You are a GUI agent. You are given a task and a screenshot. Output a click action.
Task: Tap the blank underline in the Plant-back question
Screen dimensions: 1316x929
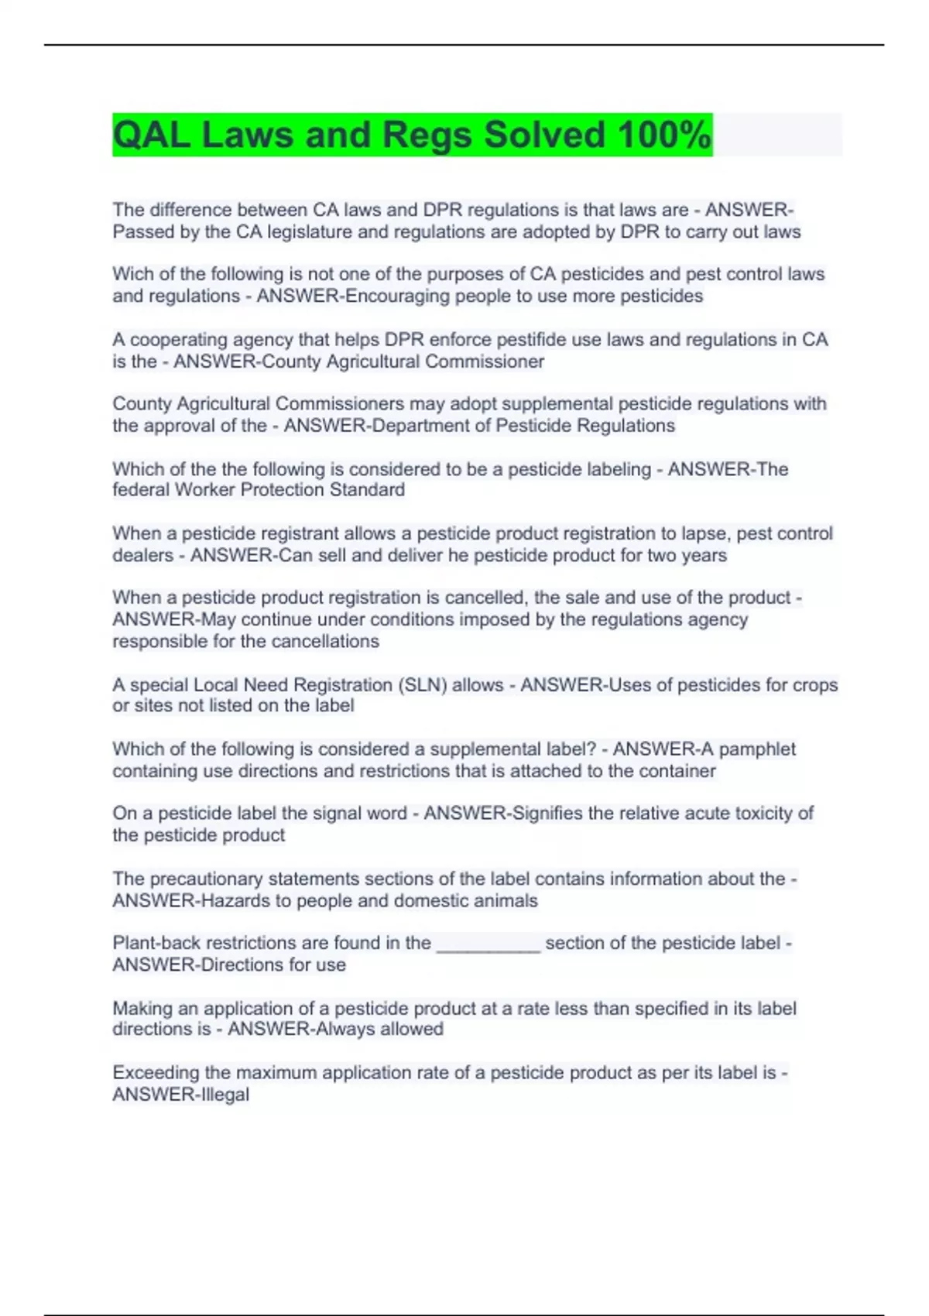tap(488, 944)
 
